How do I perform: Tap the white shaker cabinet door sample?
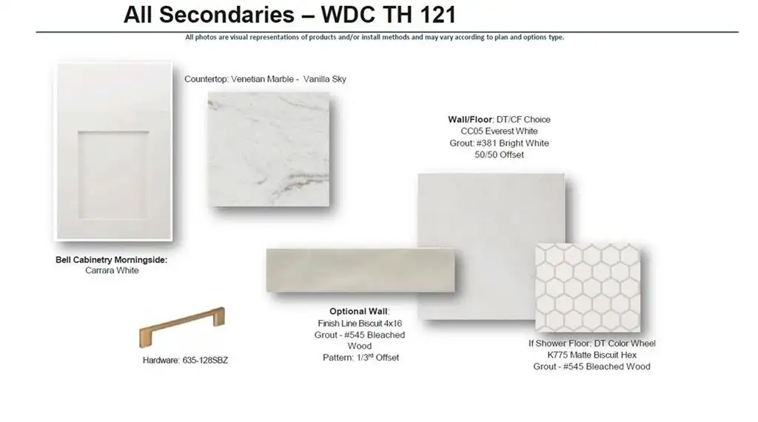(x=114, y=152)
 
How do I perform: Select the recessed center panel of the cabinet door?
(x=113, y=175)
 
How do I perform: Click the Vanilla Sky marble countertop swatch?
(x=269, y=149)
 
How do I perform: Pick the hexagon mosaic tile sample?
(x=588, y=287)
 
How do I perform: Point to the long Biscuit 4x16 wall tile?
(x=360, y=270)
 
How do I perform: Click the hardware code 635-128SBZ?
(x=205, y=360)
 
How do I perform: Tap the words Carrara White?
(x=113, y=270)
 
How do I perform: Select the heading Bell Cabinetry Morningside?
(x=111, y=259)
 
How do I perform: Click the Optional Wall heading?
(x=359, y=311)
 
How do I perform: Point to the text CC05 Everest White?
(x=499, y=132)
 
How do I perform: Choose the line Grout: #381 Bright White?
(x=499, y=143)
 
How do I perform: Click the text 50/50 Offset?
(x=499, y=155)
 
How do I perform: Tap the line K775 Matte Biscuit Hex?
(x=591, y=355)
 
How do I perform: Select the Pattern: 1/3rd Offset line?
(x=360, y=358)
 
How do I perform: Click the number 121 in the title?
(x=438, y=15)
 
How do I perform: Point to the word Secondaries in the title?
(x=227, y=15)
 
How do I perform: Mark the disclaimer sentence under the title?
(x=374, y=37)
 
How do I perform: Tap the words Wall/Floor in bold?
(x=469, y=119)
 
